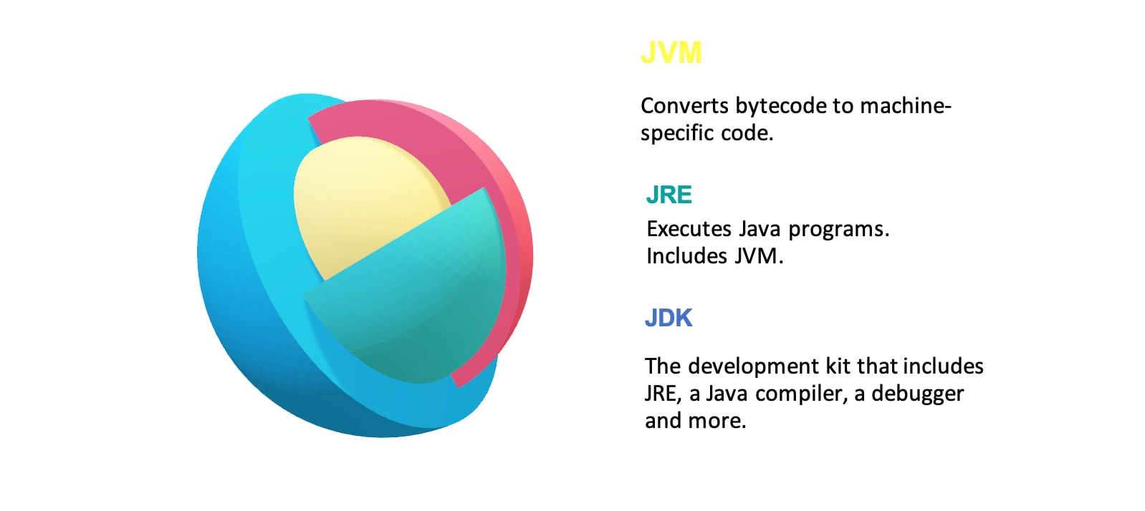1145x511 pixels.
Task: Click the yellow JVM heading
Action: (671, 52)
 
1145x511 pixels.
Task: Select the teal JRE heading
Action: (669, 195)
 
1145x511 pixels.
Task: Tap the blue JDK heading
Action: (668, 318)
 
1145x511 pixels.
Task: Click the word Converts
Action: (684, 106)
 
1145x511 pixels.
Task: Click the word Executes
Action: (689, 229)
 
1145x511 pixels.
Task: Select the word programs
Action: (839, 230)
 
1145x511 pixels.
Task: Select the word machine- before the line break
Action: (905, 106)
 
